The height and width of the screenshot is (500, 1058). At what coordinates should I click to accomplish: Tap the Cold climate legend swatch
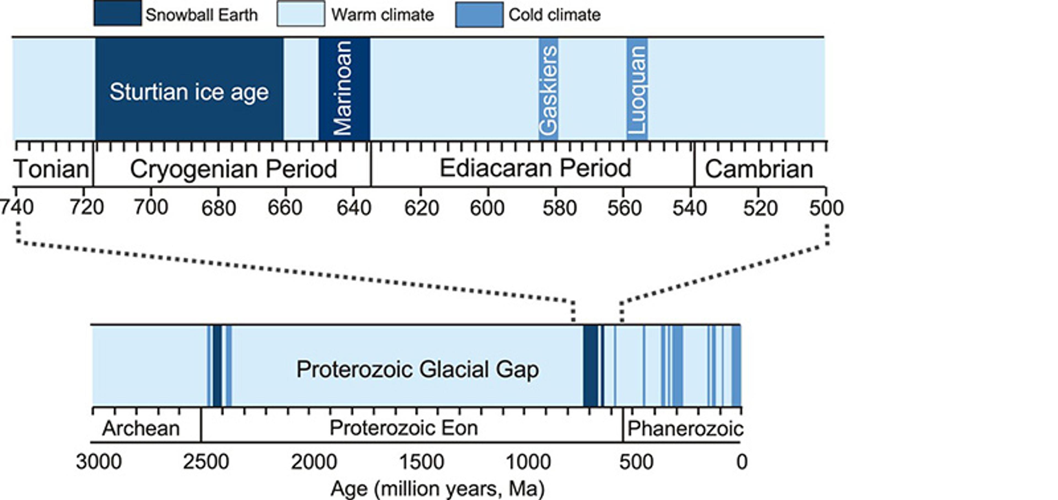[x=479, y=14]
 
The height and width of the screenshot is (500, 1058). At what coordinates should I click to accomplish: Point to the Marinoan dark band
[x=344, y=88]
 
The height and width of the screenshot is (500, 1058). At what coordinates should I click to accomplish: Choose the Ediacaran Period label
[x=535, y=168]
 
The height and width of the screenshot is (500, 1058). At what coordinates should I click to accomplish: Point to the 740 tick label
[x=17, y=208]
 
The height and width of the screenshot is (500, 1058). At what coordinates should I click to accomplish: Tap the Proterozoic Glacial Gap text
[x=417, y=369]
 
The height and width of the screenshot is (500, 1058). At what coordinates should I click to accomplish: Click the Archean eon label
[x=141, y=429]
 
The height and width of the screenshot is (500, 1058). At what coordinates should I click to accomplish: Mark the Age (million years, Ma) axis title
[x=438, y=488]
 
